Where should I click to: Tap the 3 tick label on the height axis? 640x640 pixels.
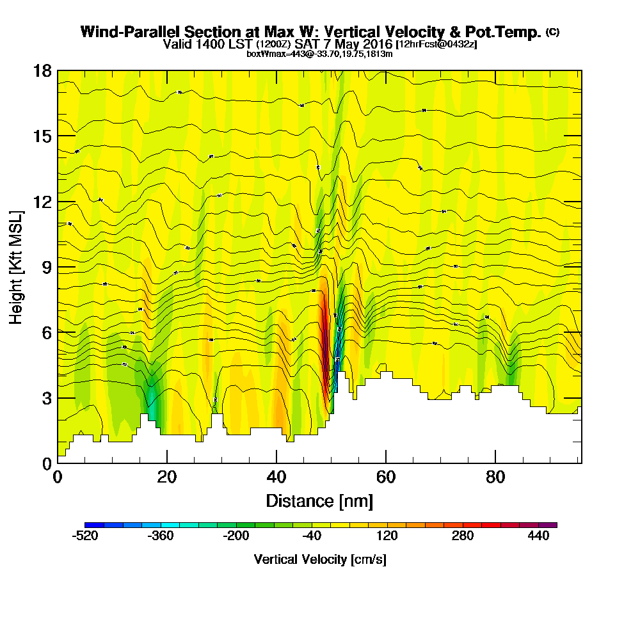(46, 398)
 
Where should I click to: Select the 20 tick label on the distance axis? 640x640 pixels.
(167, 477)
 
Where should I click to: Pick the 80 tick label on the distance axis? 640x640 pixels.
(495, 477)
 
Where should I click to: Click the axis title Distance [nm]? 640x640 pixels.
(319, 500)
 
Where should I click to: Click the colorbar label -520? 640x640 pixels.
(86, 536)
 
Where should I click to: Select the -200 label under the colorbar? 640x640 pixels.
(236, 536)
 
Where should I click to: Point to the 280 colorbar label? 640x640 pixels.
(463, 536)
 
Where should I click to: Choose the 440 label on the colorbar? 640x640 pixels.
(538, 536)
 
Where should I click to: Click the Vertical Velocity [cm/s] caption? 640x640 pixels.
(320, 559)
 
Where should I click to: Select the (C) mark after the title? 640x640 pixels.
(552, 32)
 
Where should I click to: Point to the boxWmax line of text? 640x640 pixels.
(319, 54)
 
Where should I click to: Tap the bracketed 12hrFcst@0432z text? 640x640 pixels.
(436, 44)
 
